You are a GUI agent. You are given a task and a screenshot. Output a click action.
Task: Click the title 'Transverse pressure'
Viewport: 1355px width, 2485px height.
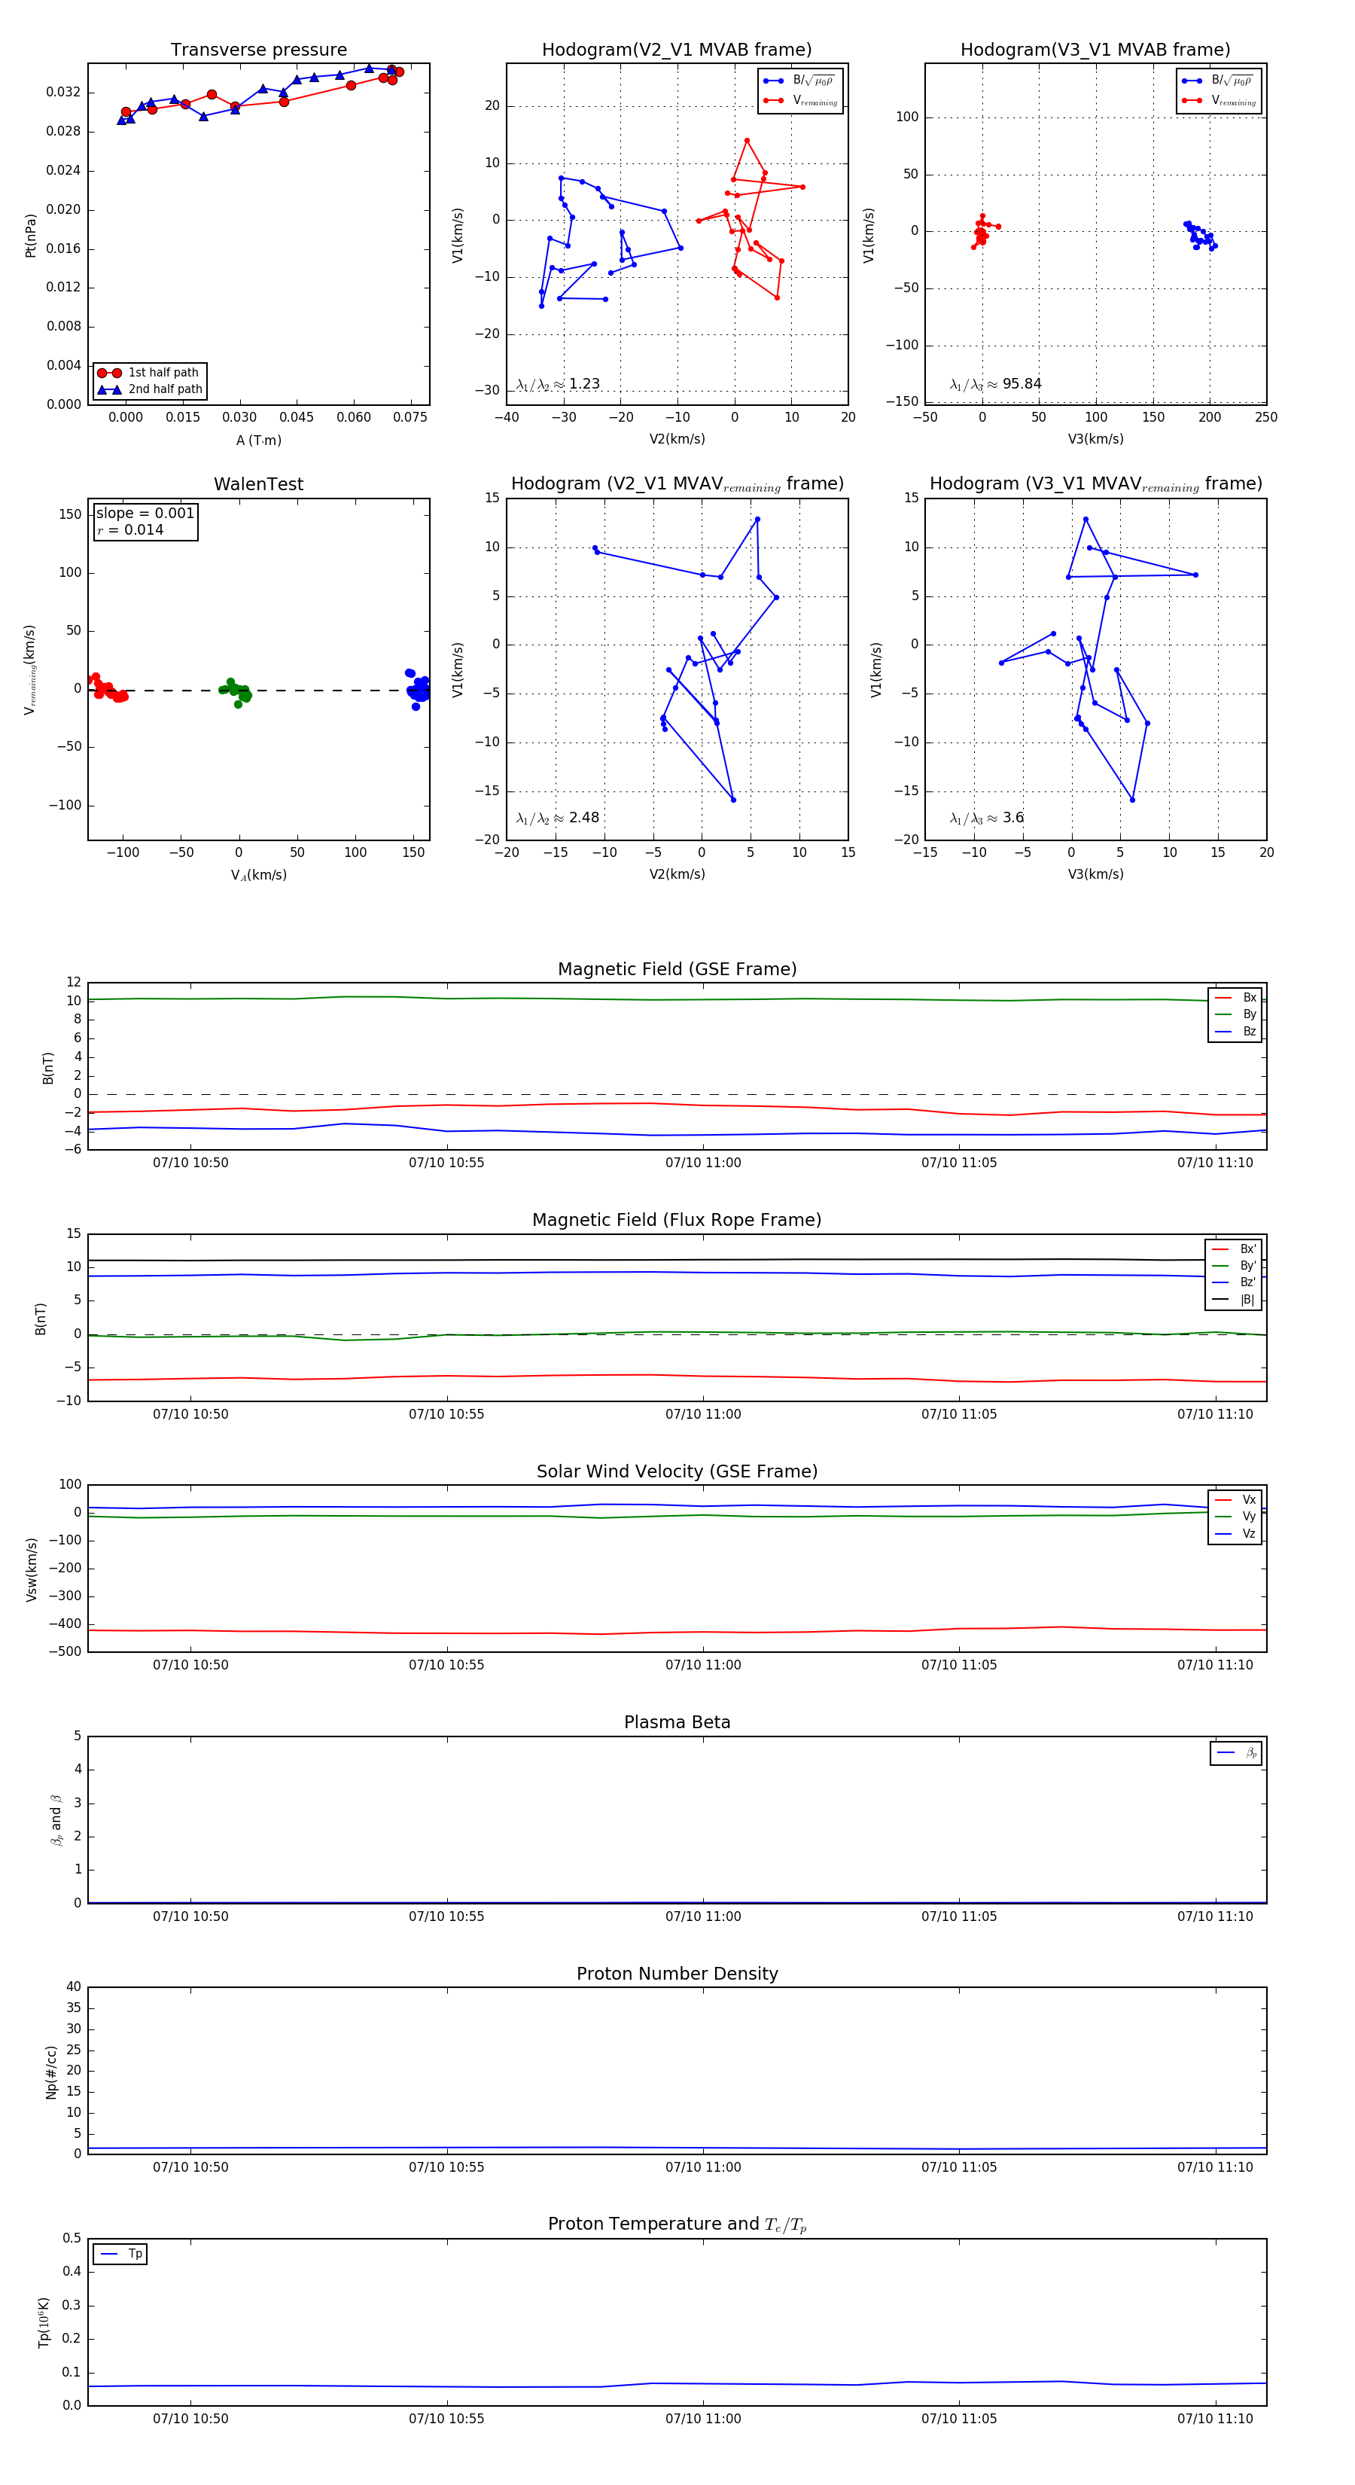pyautogui.click(x=258, y=50)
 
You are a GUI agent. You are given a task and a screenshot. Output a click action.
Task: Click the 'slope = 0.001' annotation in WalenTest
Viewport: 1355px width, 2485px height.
pyautogui.click(x=145, y=514)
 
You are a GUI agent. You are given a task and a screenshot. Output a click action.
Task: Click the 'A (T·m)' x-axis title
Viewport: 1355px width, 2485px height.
pyautogui.click(x=258, y=440)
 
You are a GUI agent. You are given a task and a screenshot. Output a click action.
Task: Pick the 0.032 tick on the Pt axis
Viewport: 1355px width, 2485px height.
pyautogui.click(x=64, y=93)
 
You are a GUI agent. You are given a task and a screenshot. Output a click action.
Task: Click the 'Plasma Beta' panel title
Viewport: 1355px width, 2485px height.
pyautogui.click(x=677, y=1722)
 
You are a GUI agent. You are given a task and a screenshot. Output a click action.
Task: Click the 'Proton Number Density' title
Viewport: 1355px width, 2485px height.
pyautogui.click(x=677, y=1974)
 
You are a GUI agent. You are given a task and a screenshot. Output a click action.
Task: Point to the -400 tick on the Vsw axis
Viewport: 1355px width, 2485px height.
pyautogui.click(x=65, y=1624)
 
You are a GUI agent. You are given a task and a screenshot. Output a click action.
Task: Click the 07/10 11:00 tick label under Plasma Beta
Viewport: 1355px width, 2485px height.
pyautogui.click(x=703, y=1916)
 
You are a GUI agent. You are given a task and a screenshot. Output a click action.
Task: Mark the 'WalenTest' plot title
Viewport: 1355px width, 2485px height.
pyautogui.click(x=258, y=484)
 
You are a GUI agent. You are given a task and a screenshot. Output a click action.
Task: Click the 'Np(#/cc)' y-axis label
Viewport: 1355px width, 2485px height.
pyautogui.click(x=51, y=2072)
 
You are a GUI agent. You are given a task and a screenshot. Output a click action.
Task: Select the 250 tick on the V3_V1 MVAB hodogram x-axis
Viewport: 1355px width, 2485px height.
pyautogui.click(x=1265, y=416)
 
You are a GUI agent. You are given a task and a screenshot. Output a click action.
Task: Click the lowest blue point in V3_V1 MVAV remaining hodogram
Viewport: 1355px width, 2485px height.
pyautogui.click(x=1132, y=800)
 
